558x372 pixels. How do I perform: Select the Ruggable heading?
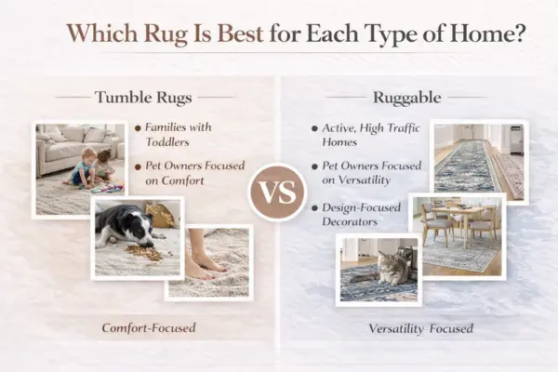pyautogui.click(x=405, y=96)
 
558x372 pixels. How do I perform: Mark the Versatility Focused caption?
pyautogui.click(x=420, y=328)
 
